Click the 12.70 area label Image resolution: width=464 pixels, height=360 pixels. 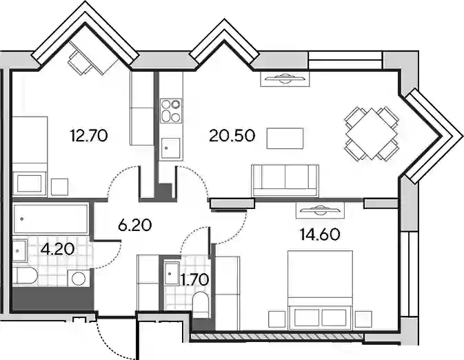pos(89,136)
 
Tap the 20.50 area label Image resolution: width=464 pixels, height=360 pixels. pos(232,136)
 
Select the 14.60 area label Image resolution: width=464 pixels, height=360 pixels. pos(320,234)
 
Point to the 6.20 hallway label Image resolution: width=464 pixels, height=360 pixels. pos(134,226)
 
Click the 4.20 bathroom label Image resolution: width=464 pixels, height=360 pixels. pos(58,250)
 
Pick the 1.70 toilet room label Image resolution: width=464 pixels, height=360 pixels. pos(195,280)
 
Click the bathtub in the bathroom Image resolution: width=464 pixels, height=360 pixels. pos(50,219)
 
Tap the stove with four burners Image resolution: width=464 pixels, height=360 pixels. pos(171,111)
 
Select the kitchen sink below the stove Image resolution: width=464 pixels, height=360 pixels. pos(170,148)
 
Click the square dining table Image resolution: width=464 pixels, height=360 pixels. pos(371,134)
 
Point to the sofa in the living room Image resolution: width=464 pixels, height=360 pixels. pos(285,180)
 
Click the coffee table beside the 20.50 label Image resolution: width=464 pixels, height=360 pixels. pos(285,138)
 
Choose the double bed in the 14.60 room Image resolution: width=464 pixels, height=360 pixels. pos(320,290)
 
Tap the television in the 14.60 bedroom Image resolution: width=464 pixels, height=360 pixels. pos(320,210)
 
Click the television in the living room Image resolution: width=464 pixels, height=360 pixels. pos(285,79)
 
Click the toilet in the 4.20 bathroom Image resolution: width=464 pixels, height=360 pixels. pos(26,277)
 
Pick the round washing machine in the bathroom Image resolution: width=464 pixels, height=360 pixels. pos(79,279)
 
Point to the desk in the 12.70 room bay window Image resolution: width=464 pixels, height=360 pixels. pos(94,57)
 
